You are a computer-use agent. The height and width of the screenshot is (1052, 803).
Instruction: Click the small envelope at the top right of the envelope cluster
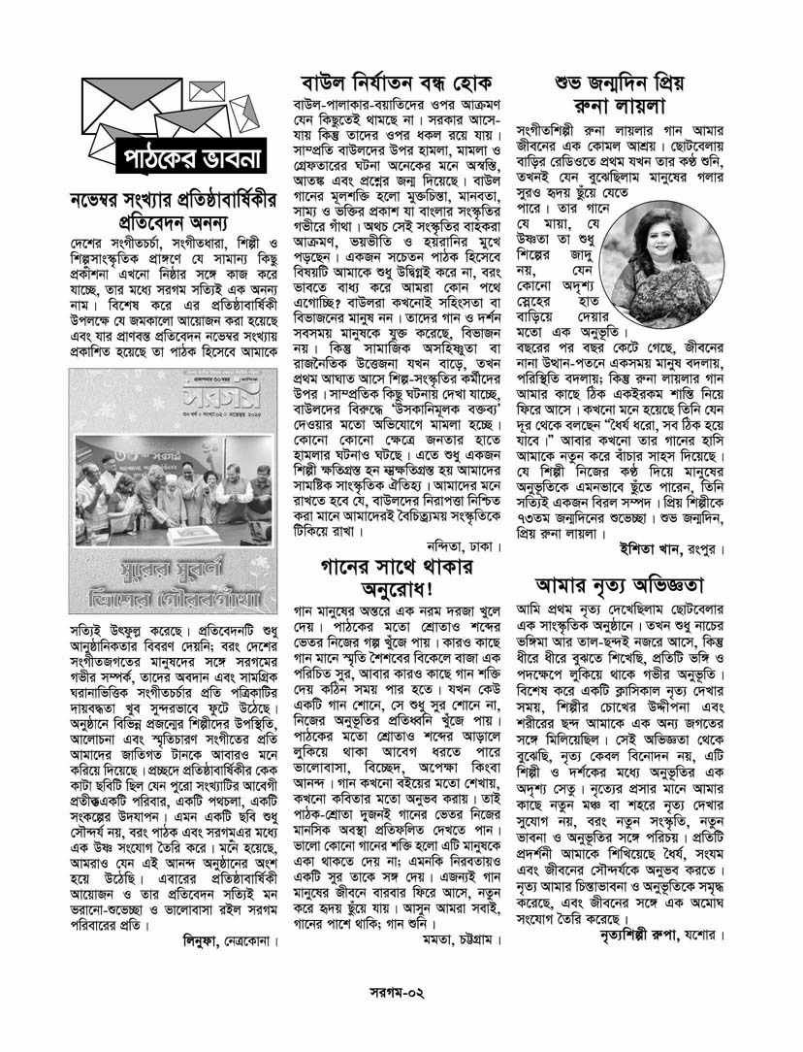[x=207, y=90]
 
